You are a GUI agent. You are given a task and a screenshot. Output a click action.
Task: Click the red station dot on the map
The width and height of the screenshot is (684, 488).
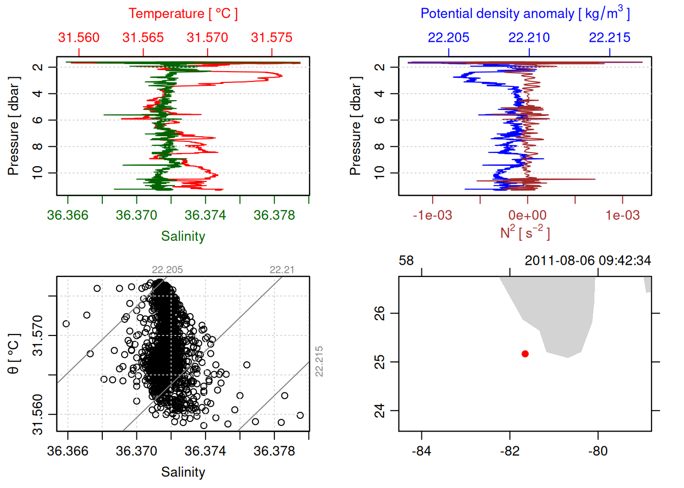tap(525, 354)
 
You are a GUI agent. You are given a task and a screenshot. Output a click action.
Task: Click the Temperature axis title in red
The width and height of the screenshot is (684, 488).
tap(183, 14)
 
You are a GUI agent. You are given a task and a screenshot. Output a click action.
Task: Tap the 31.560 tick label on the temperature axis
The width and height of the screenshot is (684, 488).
tap(79, 38)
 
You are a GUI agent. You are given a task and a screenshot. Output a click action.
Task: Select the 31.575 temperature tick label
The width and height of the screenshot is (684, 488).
tap(272, 38)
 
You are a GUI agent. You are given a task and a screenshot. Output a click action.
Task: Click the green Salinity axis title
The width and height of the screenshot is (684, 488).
tap(183, 236)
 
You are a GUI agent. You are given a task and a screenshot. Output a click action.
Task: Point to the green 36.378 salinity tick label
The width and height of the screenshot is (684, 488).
tap(274, 216)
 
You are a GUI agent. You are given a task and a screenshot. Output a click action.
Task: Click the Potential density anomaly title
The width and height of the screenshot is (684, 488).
tap(525, 14)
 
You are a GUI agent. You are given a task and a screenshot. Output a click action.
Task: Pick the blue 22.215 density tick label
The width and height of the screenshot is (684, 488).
tap(610, 38)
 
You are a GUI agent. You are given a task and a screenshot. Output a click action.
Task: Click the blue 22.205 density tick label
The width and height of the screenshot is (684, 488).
tap(448, 38)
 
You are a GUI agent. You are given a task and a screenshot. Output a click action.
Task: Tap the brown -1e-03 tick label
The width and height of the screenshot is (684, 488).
tap(433, 216)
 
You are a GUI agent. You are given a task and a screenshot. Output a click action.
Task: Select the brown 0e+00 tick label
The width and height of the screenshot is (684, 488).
tap(528, 216)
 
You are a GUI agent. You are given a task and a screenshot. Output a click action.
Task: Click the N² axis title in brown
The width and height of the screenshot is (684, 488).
tap(525, 232)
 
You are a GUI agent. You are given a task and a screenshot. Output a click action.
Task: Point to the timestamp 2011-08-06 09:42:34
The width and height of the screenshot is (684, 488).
tap(588, 261)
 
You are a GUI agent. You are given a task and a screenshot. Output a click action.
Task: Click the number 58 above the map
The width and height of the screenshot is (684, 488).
tap(406, 261)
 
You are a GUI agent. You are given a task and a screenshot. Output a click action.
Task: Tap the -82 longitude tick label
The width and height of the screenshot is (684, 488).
tap(510, 451)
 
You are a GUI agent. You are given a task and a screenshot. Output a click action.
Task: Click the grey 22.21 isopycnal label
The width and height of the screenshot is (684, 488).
tap(282, 270)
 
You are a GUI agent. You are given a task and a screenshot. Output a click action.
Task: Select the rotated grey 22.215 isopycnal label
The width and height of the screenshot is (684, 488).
tap(319, 361)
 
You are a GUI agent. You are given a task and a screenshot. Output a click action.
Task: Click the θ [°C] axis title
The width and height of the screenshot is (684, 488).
tap(14, 354)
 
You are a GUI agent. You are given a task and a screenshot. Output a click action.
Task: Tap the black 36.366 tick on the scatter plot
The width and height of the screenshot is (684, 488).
tap(68, 451)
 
